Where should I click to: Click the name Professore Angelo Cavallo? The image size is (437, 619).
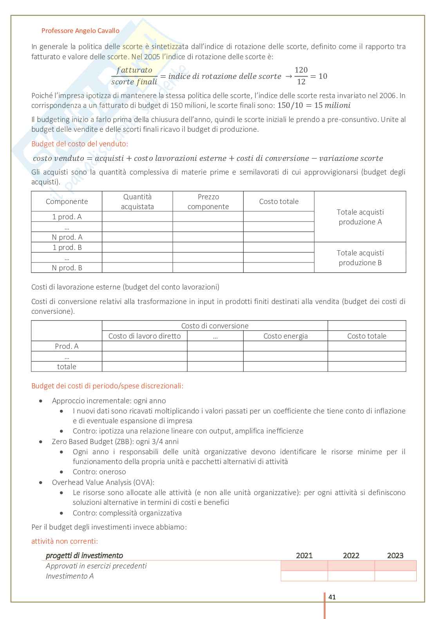[80, 31]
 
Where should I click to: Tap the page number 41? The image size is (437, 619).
[332, 597]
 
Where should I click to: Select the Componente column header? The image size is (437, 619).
[67, 202]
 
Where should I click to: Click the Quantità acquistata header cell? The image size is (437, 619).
[137, 202]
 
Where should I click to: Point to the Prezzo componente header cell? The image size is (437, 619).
[208, 202]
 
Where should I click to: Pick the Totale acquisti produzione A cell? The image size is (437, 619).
[360, 217]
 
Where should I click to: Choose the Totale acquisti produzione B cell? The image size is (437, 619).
[360, 258]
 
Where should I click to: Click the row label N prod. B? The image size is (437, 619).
[67, 268]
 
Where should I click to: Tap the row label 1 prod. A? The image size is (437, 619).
[67, 217]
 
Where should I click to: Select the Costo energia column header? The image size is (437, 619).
[285, 336]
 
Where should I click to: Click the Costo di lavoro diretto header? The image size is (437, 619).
[144, 336]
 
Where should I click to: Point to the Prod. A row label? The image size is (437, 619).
[67, 346]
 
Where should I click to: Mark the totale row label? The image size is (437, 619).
[67, 367]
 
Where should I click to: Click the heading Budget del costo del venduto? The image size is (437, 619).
[79, 144]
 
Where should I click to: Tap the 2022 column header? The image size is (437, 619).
[351, 555]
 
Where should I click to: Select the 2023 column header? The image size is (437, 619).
[395, 555]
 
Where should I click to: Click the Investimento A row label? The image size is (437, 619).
[70, 576]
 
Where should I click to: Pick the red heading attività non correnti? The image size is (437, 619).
[65, 541]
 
